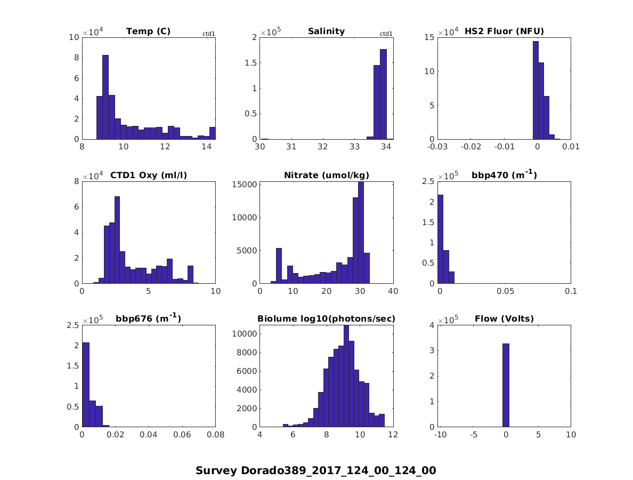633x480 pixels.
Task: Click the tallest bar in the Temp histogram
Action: tap(106, 97)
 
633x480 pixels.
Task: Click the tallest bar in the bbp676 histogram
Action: tap(85, 385)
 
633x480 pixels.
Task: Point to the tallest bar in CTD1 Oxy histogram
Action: tap(117, 239)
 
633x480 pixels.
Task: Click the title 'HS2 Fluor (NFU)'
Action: tap(504, 31)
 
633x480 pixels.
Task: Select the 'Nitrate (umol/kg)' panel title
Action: tap(327, 175)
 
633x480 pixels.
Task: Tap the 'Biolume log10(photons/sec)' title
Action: tap(326, 319)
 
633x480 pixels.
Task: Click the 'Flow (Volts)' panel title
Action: tap(504, 319)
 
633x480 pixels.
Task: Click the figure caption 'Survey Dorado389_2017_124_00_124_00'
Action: tap(316, 470)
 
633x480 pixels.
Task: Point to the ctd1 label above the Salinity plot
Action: tap(386, 34)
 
